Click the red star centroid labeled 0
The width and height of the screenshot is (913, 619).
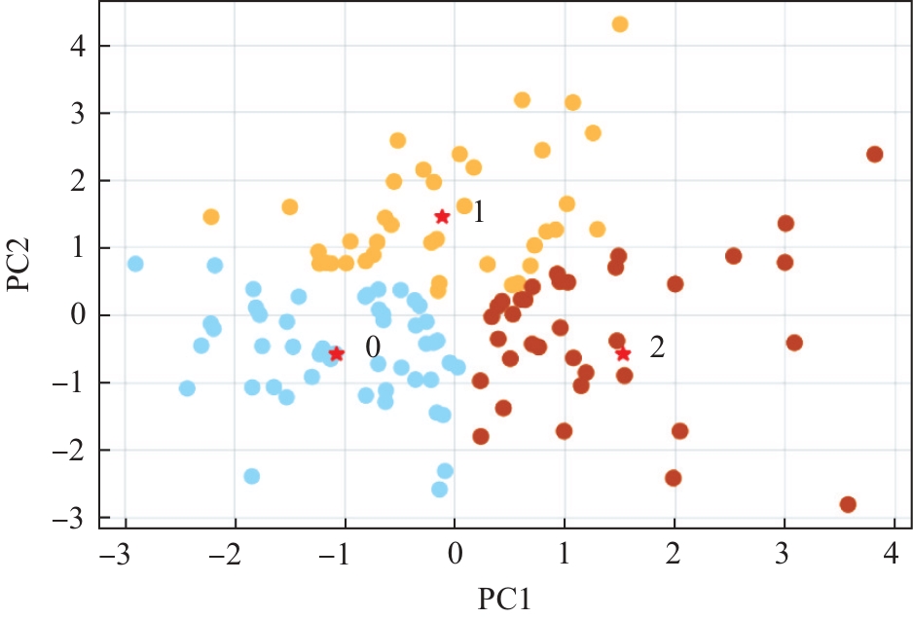pyautogui.click(x=337, y=353)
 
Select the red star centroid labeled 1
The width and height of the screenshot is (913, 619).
pyautogui.click(x=442, y=216)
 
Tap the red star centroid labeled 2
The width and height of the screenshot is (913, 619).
pyautogui.click(x=623, y=353)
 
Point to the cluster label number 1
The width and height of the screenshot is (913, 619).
pyautogui.click(x=478, y=212)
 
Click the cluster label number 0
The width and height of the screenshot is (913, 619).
pyautogui.click(x=372, y=346)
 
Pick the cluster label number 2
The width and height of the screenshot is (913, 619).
pyautogui.click(x=657, y=347)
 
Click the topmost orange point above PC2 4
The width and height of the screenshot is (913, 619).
pyautogui.click(x=620, y=24)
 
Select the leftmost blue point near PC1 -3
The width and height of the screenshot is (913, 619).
pyautogui.click(x=135, y=264)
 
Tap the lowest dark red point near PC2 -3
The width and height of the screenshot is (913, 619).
pyautogui.click(x=848, y=504)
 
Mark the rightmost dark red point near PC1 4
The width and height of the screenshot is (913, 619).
pyautogui.click(x=874, y=154)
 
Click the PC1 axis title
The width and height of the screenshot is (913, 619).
pyautogui.click(x=505, y=597)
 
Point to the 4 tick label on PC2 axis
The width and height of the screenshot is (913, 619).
pyautogui.click(x=77, y=46)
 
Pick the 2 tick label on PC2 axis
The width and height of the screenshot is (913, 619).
pyautogui.click(x=77, y=181)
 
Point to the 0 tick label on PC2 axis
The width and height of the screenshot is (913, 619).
pyautogui.click(x=77, y=315)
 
